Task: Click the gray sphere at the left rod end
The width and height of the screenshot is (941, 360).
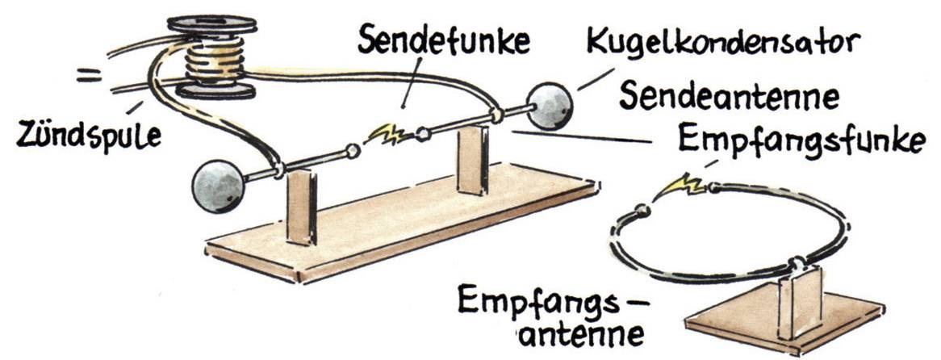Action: tap(217, 186)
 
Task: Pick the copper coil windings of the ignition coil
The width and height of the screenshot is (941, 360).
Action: tap(212, 60)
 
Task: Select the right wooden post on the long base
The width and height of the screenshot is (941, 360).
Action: tap(471, 161)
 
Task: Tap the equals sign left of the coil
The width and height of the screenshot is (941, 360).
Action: tap(90, 77)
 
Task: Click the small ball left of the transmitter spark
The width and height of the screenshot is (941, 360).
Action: tap(351, 150)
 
